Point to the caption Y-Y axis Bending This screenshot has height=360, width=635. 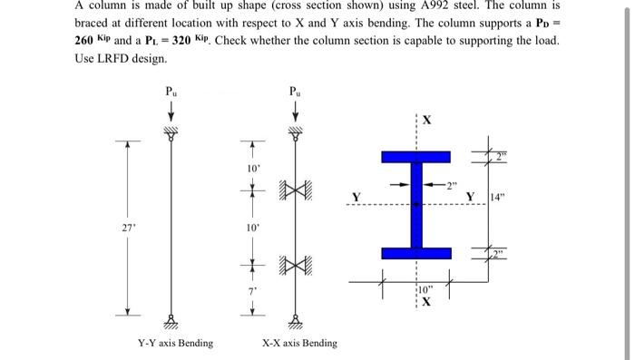pyautogui.click(x=176, y=343)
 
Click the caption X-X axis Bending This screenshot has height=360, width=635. pyautogui.click(x=299, y=343)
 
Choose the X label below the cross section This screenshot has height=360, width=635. pyautogui.click(x=426, y=303)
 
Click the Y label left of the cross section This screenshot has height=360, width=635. pyautogui.click(x=357, y=197)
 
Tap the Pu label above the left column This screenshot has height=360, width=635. pyautogui.click(x=171, y=90)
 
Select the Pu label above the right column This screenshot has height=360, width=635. pyautogui.click(x=295, y=90)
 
